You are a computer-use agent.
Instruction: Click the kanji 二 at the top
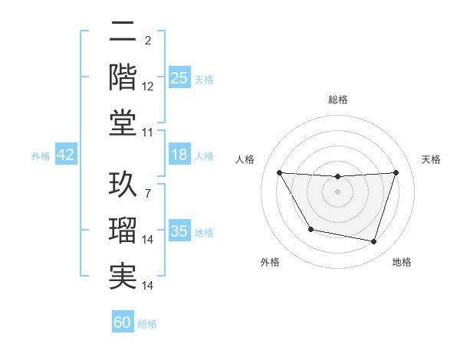123,34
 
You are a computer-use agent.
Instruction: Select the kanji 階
123,77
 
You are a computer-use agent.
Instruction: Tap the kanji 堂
123,122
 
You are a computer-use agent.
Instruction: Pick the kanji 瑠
123,231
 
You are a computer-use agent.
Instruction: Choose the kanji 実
123,275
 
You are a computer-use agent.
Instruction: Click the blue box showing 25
179,77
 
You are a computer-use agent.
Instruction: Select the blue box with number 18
179,155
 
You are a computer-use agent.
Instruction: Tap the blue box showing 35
179,231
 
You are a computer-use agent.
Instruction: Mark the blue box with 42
66,155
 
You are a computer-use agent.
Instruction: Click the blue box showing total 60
123,322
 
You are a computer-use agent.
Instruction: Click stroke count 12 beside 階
148,86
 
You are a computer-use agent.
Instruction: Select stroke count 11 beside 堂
148,132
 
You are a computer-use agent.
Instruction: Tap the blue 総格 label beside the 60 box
147,324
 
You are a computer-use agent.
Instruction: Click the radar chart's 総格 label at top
337,100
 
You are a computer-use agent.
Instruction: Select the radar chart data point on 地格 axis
373,242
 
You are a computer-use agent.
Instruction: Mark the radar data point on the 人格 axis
279,172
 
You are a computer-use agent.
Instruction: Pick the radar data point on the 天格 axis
396,172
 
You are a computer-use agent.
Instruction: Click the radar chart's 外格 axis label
270,262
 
